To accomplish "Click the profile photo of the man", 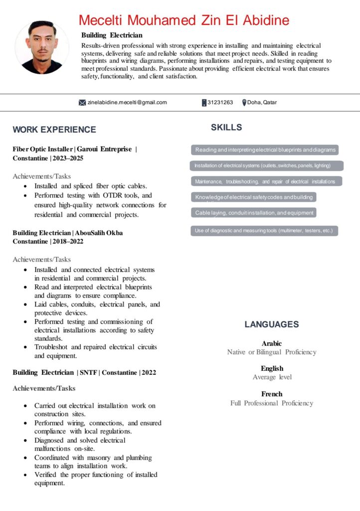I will (x=42, y=47).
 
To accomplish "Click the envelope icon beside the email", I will (x=82, y=103).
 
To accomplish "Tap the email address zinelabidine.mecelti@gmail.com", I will (x=127, y=103).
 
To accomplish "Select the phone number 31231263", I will (x=220, y=103).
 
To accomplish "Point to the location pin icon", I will (x=244, y=103).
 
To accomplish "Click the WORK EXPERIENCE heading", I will (x=54, y=130).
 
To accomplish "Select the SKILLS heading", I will (x=226, y=128).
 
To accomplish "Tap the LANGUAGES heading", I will (x=272, y=324).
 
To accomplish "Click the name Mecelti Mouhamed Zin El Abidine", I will (x=184, y=20).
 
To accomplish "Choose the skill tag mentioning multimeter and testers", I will (x=264, y=231).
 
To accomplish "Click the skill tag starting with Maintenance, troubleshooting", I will (x=265, y=182).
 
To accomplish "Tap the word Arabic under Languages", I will (x=272, y=343).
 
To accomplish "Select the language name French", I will (x=272, y=394).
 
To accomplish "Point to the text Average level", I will (x=272, y=377).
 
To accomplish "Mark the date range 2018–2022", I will (x=68, y=242).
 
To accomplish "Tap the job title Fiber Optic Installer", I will (x=42, y=149).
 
